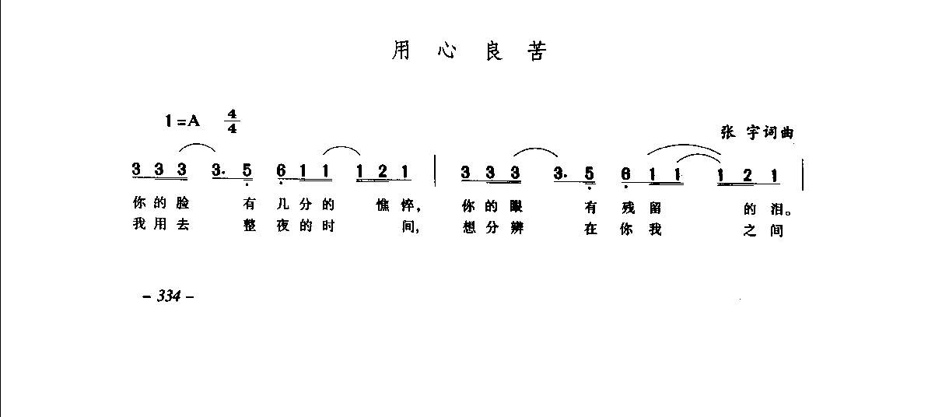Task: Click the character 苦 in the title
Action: pyautogui.click(x=538, y=51)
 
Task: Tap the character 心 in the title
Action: pyautogui.click(x=446, y=51)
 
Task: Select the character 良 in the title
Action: pyautogui.click(x=492, y=51)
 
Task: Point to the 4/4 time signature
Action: pyautogui.click(x=232, y=122)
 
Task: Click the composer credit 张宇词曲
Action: pyautogui.click(x=757, y=132)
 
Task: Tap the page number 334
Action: pyautogui.click(x=168, y=296)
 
